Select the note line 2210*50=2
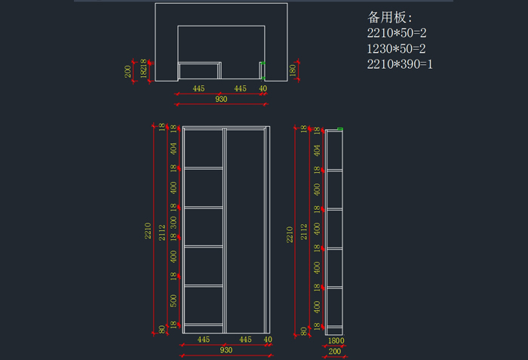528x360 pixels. [397, 33]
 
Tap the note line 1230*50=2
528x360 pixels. [397, 49]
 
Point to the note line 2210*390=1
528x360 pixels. [400, 65]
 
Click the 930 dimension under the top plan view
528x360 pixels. [221, 99]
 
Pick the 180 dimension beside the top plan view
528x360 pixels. [293, 71]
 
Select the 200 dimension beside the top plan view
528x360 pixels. [128, 71]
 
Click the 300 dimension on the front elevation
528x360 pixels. [173, 222]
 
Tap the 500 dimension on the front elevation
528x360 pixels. [173, 301]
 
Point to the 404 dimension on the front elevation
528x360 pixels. [173, 149]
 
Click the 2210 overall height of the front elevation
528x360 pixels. [149, 230]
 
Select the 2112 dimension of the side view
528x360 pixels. [303, 230]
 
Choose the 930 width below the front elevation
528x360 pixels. [226, 350]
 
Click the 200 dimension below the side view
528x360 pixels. [334, 351]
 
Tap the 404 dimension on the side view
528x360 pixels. [317, 150]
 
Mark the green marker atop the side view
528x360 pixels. [340, 129]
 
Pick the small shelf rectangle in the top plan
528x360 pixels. [200, 71]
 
